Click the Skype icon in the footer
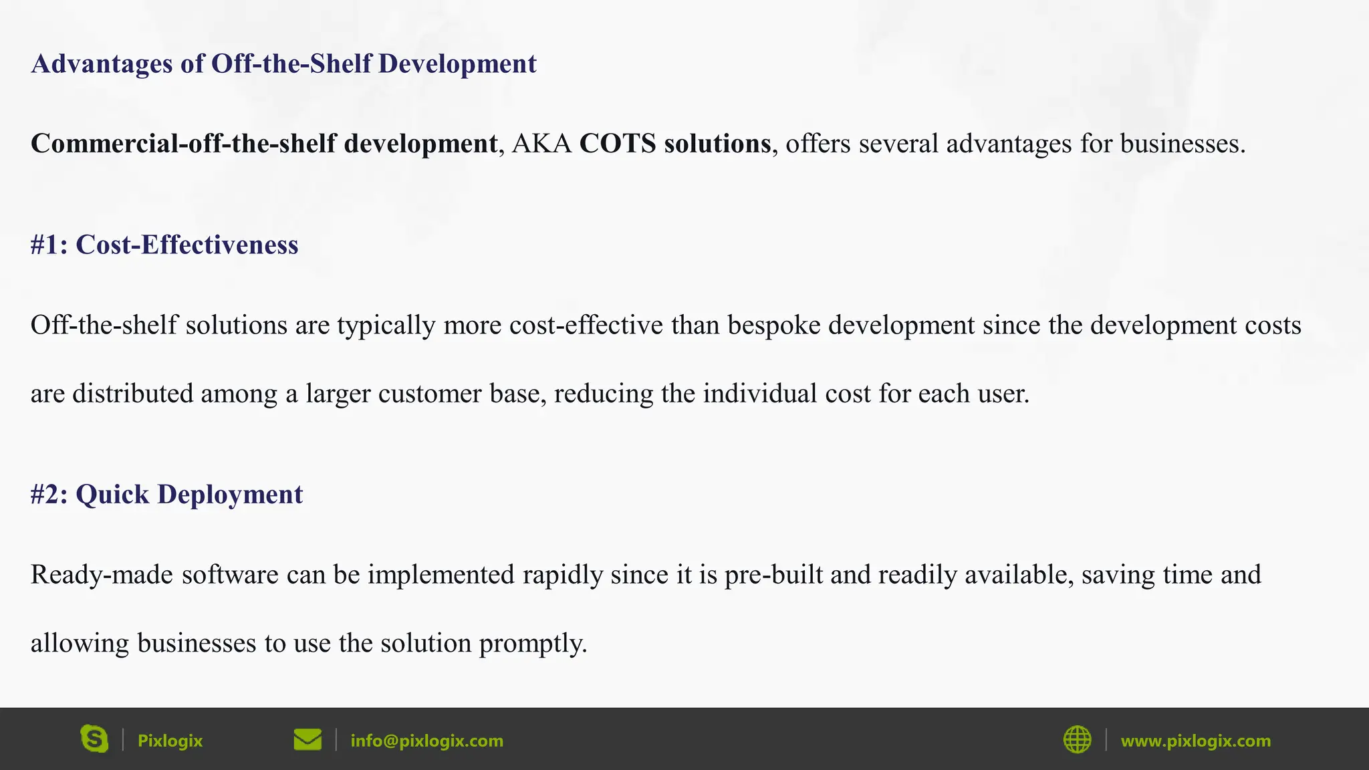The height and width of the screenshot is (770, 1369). point(94,739)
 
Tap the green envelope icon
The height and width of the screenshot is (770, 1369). point(307,740)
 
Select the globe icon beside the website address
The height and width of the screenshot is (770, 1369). point(1077,740)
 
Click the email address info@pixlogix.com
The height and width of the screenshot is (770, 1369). point(426,741)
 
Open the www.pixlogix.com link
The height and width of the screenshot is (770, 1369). point(1195,741)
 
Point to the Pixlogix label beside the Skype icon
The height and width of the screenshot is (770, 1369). point(170,741)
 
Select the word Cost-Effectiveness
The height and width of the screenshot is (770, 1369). point(187,245)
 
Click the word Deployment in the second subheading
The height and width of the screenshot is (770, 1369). point(230,495)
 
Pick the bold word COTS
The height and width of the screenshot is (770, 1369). point(617,144)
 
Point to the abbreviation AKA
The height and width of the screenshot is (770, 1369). point(541,144)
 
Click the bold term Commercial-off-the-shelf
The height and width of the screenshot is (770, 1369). point(183,144)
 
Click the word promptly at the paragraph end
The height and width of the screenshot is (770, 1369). point(533,644)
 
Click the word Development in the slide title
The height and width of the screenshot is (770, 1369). point(457,64)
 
